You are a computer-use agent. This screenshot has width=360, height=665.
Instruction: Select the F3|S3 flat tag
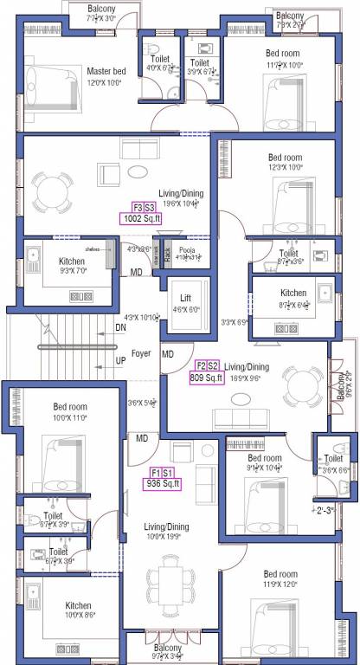144,208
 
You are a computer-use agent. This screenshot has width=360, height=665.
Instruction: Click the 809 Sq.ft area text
206,378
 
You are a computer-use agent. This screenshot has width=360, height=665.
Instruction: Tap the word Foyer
141,354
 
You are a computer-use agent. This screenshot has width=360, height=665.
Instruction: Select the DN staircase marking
120,328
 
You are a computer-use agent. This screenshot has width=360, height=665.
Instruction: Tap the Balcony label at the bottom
169,647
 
